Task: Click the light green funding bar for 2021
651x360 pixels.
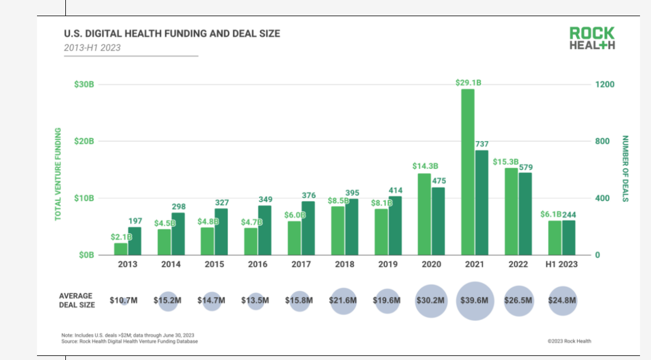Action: [468, 172]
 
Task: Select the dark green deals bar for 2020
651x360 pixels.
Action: [438, 221]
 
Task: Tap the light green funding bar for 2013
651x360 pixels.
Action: [120, 248]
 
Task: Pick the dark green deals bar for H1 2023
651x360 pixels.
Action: [569, 237]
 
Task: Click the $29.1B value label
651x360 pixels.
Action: [468, 83]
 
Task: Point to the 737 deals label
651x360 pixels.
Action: [482, 144]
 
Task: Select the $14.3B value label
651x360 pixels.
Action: [425, 166]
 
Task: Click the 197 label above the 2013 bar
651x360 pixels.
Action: [135, 221]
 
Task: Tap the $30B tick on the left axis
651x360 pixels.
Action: [84, 84]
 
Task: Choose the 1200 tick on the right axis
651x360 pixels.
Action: [605, 84]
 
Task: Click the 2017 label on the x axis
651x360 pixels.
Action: [301, 264]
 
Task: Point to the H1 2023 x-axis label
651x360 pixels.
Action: [562, 264]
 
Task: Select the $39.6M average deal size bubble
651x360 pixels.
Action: [475, 300]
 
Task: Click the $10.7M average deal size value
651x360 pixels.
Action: [123, 300]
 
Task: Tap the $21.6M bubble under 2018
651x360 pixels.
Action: [343, 300]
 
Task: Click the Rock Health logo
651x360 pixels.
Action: [591, 38]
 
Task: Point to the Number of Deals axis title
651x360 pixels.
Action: [625, 169]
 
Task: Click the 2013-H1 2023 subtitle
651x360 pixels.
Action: [93, 47]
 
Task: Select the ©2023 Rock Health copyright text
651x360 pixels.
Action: [569, 341]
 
